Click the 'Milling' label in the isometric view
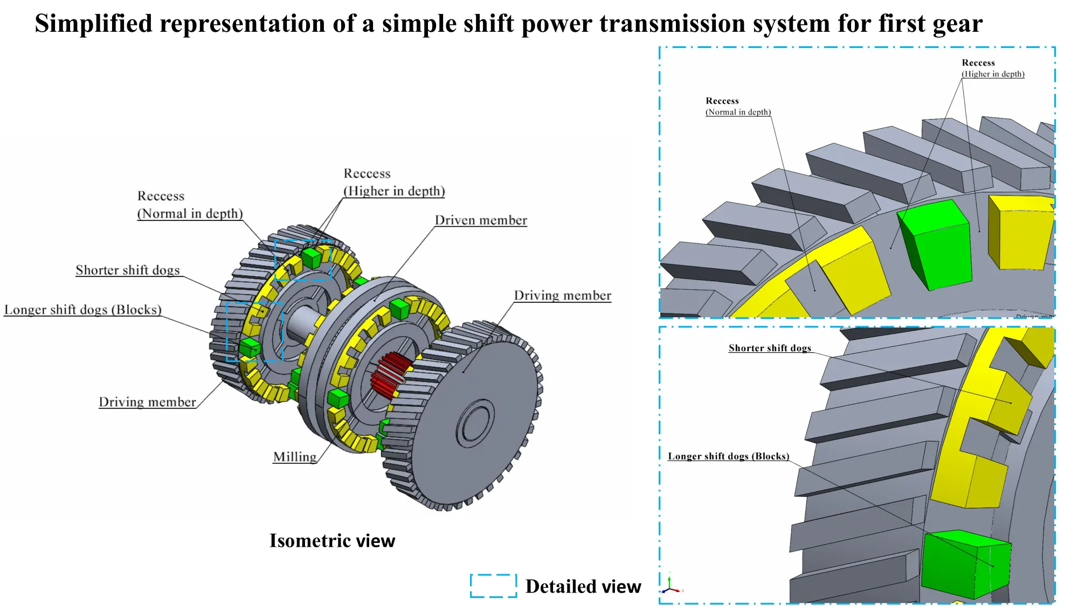tap(294, 457)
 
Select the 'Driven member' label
tap(480, 220)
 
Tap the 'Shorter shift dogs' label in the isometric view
tap(127, 270)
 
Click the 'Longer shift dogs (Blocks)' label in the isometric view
tap(82, 310)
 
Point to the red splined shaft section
tap(389, 375)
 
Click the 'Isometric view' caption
tap(332, 540)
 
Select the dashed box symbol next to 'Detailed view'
tap(493, 586)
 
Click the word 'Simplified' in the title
tap(94, 24)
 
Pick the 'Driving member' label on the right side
tap(562, 295)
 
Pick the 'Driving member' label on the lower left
tap(147, 402)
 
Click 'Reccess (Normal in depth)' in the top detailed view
tap(737, 107)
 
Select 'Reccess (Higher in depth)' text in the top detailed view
tap(992, 68)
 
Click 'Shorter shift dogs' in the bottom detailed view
tap(769, 348)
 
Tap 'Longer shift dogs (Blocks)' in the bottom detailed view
tap(728, 456)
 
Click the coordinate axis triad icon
tap(670, 584)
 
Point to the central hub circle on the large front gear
tap(475, 423)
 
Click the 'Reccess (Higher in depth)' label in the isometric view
tap(393, 183)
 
